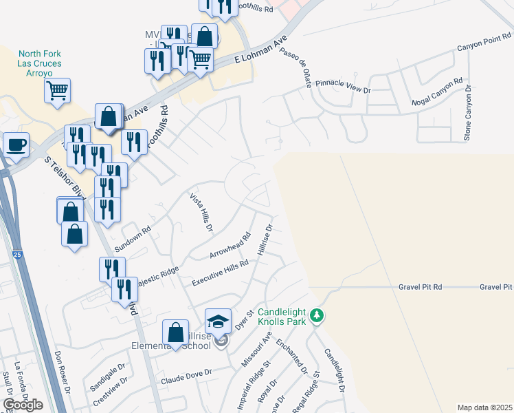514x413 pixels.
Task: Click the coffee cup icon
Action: [x=16, y=145]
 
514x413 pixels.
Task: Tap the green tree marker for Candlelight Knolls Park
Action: [x=316, y=316]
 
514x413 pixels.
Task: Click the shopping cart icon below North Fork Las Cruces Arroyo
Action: [x=58, y=89]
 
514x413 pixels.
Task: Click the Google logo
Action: [x=23, y=405]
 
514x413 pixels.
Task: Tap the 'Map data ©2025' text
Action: [x=485, y=407]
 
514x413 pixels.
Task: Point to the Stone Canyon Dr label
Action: [x=468, y=114]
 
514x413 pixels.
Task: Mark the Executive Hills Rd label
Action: [x=220, y=273]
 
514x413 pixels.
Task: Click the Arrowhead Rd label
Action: [x=230, y=246]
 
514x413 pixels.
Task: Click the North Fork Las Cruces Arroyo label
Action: [x=40, y=63]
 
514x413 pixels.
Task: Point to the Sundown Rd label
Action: [x=133, y=239]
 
